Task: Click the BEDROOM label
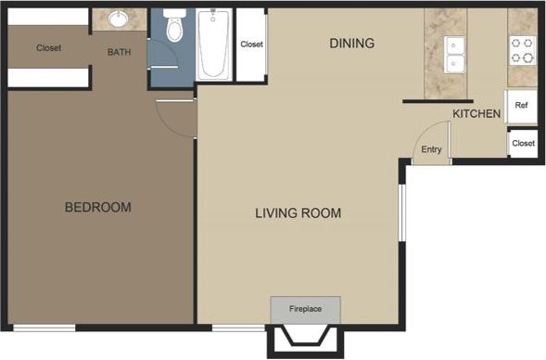[97, 207]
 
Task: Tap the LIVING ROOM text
[298, 213]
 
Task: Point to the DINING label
[351, 43]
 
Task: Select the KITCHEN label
[476, 114]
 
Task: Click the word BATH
[119, 52]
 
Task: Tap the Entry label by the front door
[431, 149]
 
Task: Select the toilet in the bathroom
[172, 30]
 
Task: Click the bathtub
[214, 43]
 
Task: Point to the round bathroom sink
[119, 19]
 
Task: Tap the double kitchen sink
[454, 55]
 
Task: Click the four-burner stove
[522, 49]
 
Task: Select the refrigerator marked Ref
[521, 107]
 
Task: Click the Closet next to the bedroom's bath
[49, 48]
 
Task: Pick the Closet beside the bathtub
[251, 45]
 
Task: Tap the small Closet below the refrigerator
[523, 143]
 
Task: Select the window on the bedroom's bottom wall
[44, 328]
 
